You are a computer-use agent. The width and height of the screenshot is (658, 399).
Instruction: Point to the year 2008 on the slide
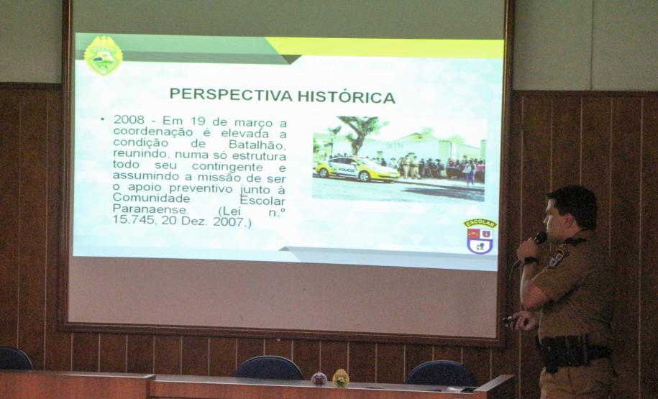pyautogui.click(x=127, y=119)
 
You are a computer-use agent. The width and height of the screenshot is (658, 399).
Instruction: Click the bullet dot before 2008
pyautogui.click(x=103, y=119)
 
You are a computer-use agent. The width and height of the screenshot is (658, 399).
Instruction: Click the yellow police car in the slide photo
pyautogui.click(x=355, y=168)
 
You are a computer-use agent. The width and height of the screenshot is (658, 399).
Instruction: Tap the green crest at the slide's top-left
pyautogui.click(x=103, y=55)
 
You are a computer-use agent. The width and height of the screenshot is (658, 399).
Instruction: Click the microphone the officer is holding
pyautogui.click(x=536, y=239)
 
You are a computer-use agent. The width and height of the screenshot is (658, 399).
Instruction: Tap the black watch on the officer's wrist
pyautogui.click(x=531, y=261)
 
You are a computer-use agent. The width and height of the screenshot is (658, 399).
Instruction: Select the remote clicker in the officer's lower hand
pyautogui.click(x=509, y=319)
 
